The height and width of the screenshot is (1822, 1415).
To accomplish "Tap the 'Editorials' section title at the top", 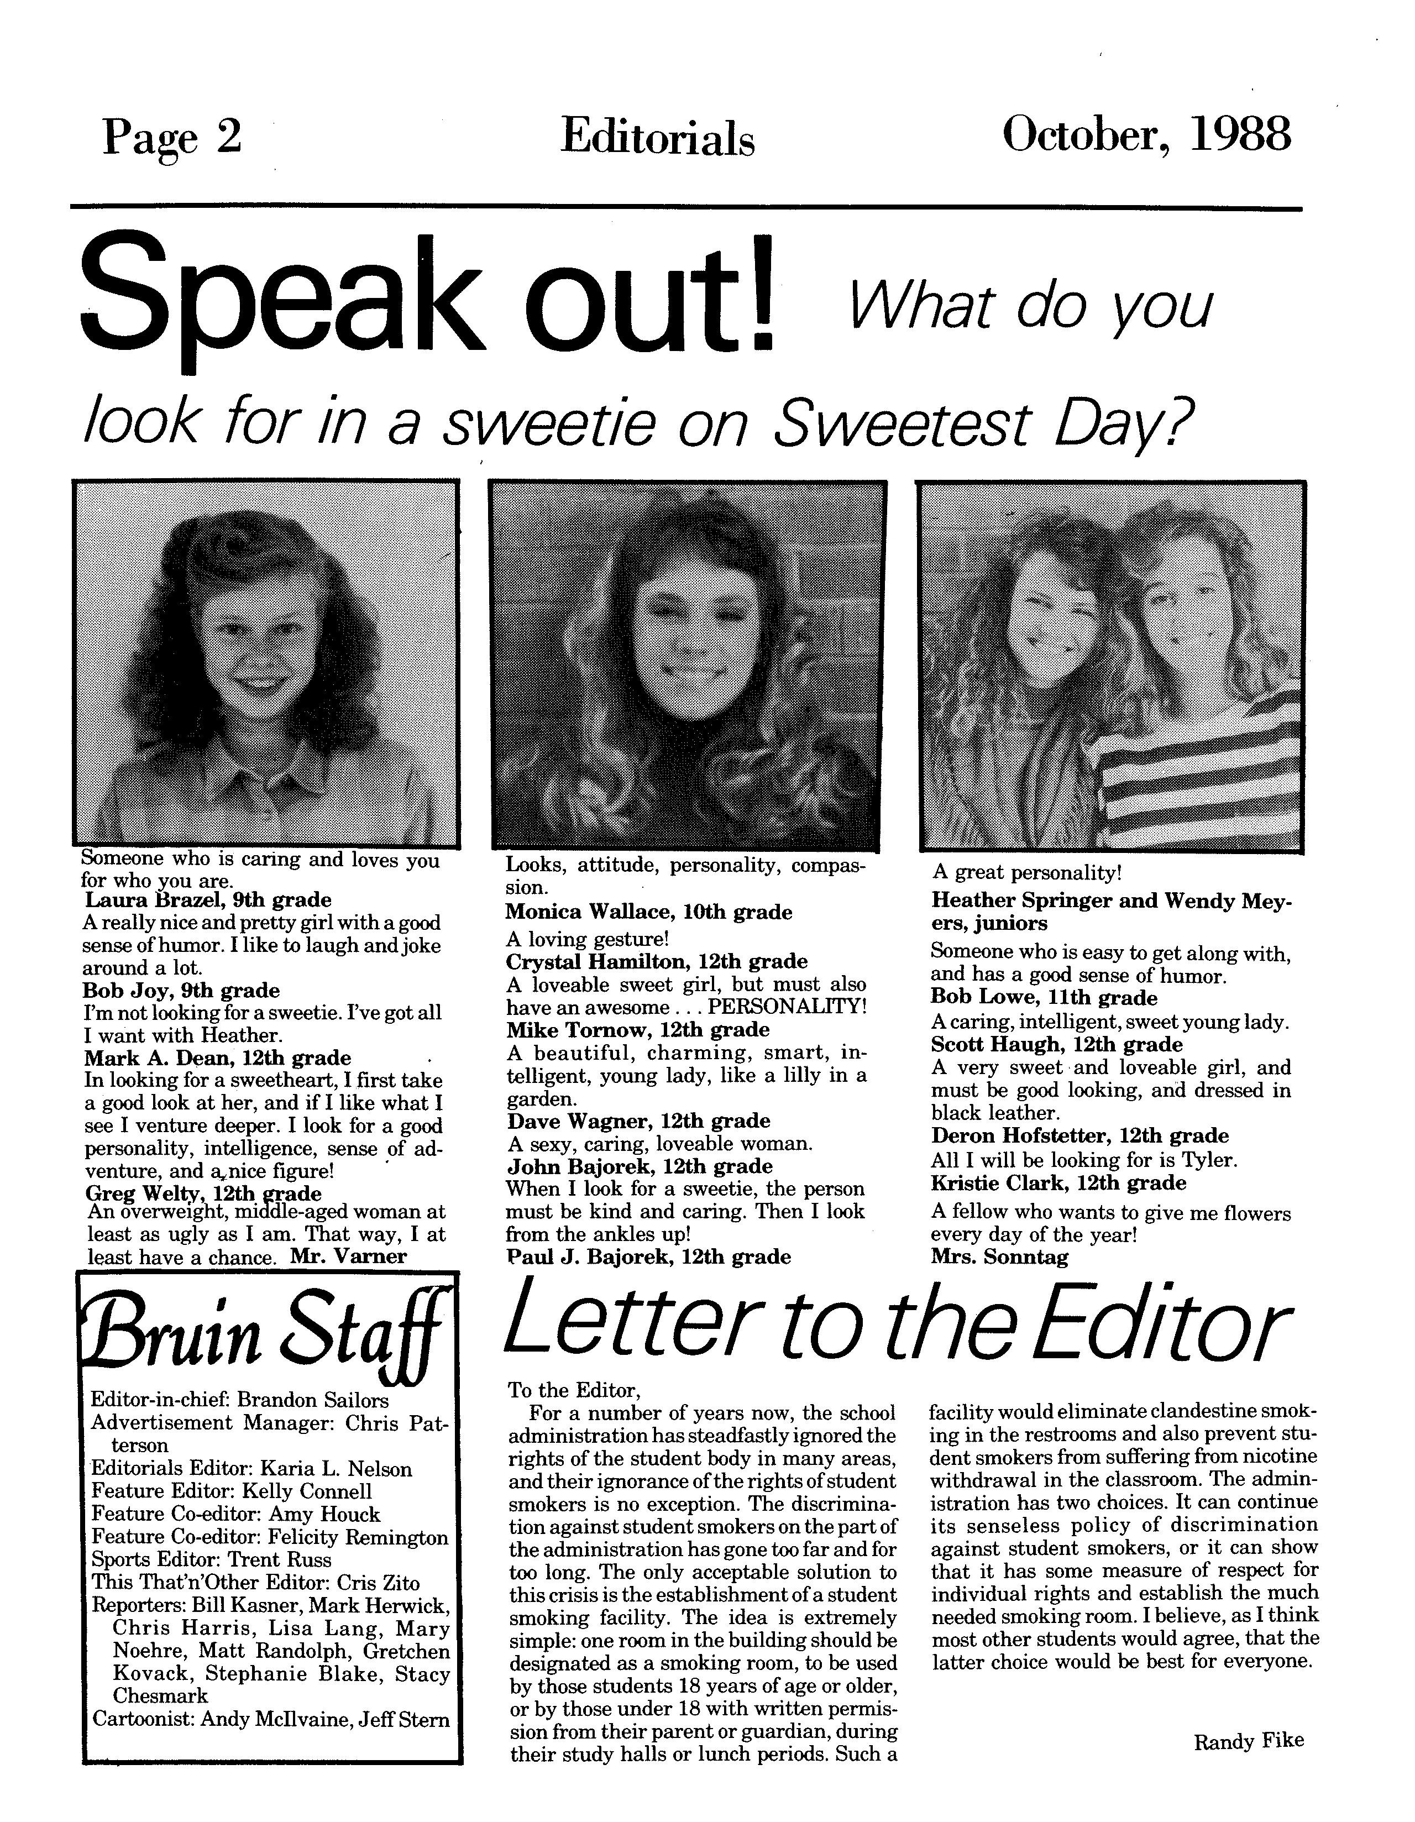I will [x=657, y=138].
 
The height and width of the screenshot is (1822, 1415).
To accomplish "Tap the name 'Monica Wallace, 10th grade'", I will [x=648, y=912].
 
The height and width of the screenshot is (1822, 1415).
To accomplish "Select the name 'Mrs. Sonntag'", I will [x=999, y=1257].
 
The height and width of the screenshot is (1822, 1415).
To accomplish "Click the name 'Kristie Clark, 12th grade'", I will [x=1058, y=1183].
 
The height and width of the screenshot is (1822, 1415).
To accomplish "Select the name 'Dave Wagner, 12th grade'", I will [x=638, y=1121].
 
